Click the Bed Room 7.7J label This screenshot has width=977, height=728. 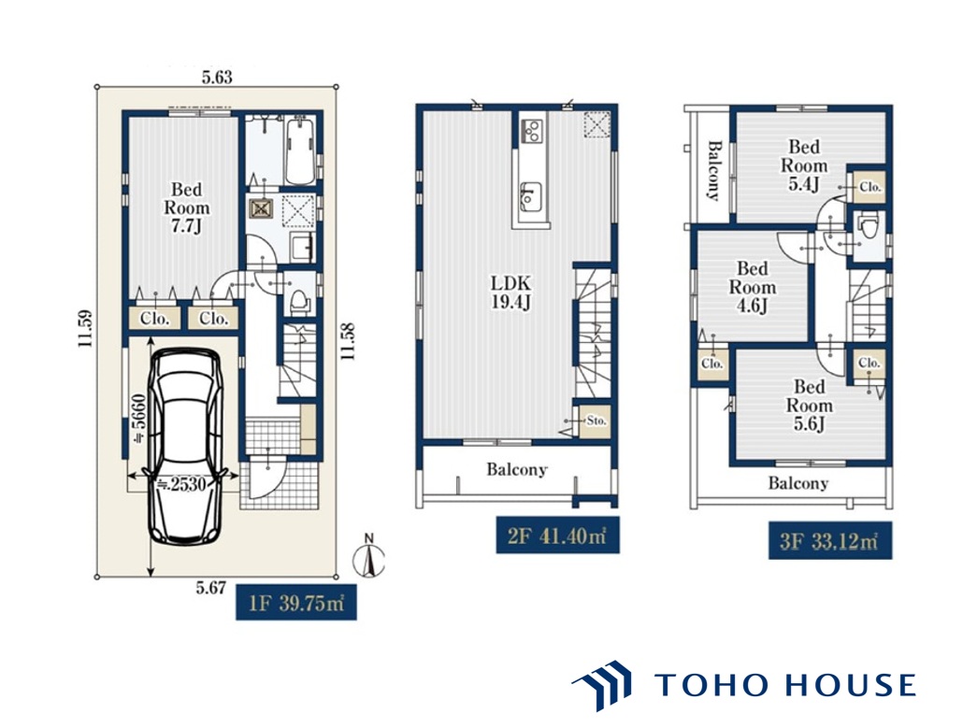[186, 207]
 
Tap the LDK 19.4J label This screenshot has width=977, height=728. [510, 293]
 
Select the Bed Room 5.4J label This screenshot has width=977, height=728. [804, 165]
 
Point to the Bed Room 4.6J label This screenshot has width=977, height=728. [752, 287]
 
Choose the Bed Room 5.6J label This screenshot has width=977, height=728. [809, 405]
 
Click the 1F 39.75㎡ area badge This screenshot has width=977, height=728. [296, 602]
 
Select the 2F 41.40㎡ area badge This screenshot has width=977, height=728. [557, 535]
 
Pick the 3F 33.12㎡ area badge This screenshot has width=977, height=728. [829, 540]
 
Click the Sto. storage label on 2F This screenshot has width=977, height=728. [596, 421]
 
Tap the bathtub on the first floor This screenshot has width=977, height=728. [300, 150]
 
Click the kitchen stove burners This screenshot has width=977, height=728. [531, 130]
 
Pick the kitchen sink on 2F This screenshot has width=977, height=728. [531, 197]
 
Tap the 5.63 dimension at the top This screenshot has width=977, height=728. [217, 78]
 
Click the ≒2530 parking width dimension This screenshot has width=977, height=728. [180, 483]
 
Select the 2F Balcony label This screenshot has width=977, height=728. [516, 469]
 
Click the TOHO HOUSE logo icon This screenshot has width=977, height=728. [601, 685]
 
